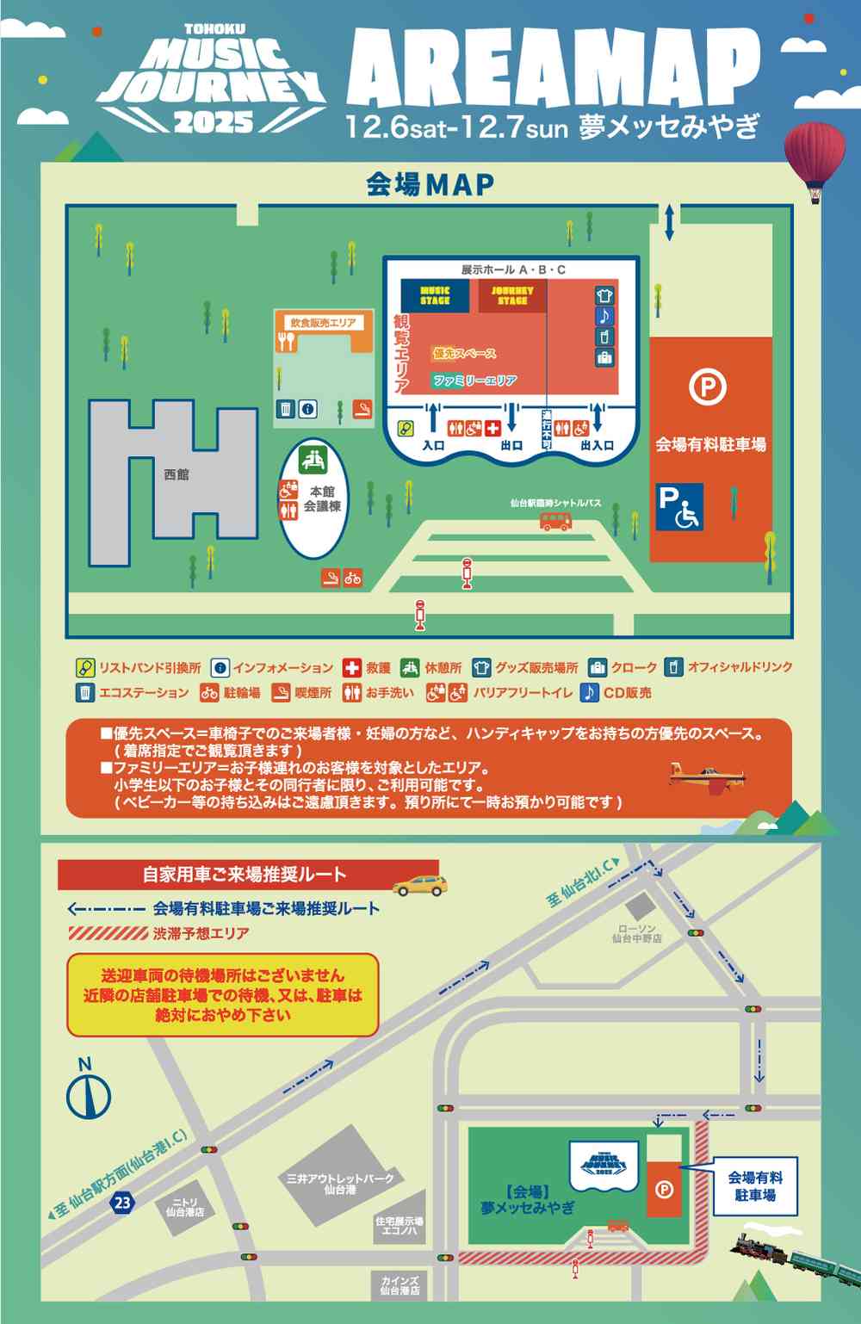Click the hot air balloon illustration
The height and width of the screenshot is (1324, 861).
pyautogui.click(x=813, y=159)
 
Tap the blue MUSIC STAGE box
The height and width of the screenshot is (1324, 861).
pyautogui.click(x=435, y=296)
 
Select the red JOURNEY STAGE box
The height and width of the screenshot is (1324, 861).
pyautogui.click(x=512, y=296)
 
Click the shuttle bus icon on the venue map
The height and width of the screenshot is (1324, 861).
pyautogui.click(x=555, y=521)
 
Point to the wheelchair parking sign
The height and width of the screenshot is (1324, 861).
pyautogui.click(x=680, y=507)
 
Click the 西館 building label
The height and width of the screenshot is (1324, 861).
pyautogui.click(x=176, y=474)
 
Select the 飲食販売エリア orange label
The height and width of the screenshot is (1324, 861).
pyautogui.click(x=323, y=323)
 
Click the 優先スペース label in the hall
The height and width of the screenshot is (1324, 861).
pyautogui.click(x=464, y=354)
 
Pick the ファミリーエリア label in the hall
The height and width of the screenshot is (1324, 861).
pyautogui.click(x=474, y=380)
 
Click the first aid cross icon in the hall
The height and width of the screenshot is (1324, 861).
pyautogui.click(x=492, y=428)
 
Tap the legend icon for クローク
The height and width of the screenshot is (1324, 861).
pyautogui.click(x=598, y=668)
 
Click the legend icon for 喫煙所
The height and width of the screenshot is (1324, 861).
pyautogui.click(x=280, y=692)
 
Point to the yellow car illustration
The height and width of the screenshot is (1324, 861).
pyautogui.click(x=419, y=884)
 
